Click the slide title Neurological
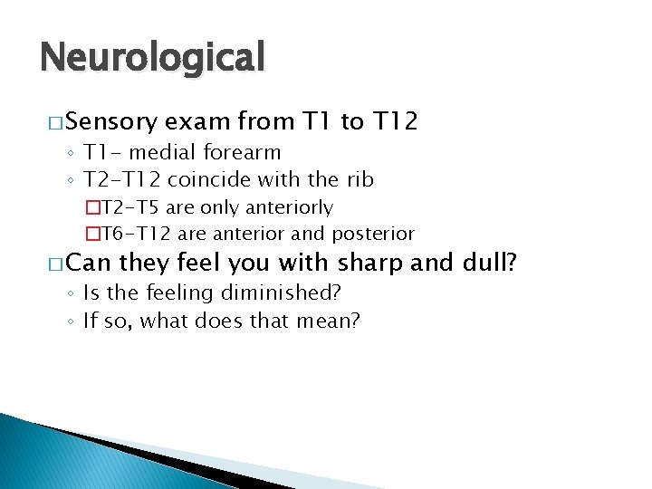[152, 58]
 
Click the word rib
[360, 179]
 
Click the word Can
[91, 264]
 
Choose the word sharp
[374, 264]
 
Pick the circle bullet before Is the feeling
[72, 293]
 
